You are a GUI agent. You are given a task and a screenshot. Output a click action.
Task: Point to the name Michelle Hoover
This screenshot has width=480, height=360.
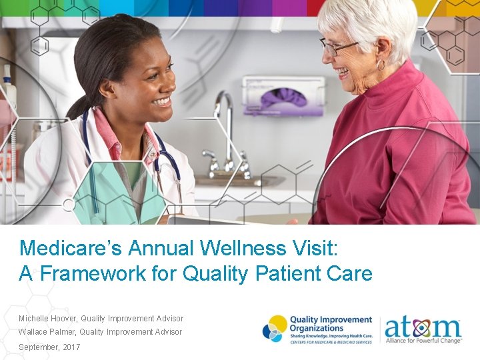tap(47, 319)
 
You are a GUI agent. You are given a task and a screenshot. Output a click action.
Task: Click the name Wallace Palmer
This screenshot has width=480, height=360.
tap(46, 332)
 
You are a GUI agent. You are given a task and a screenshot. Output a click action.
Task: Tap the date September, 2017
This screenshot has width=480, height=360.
tap(49, 347)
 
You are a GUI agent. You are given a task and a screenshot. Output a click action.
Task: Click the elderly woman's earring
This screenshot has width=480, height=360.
tap(381, 65)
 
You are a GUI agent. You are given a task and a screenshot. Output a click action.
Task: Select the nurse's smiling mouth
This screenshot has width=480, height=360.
tap(161, 101)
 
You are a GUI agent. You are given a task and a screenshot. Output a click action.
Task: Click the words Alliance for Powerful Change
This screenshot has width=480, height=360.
tap(424, 341)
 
